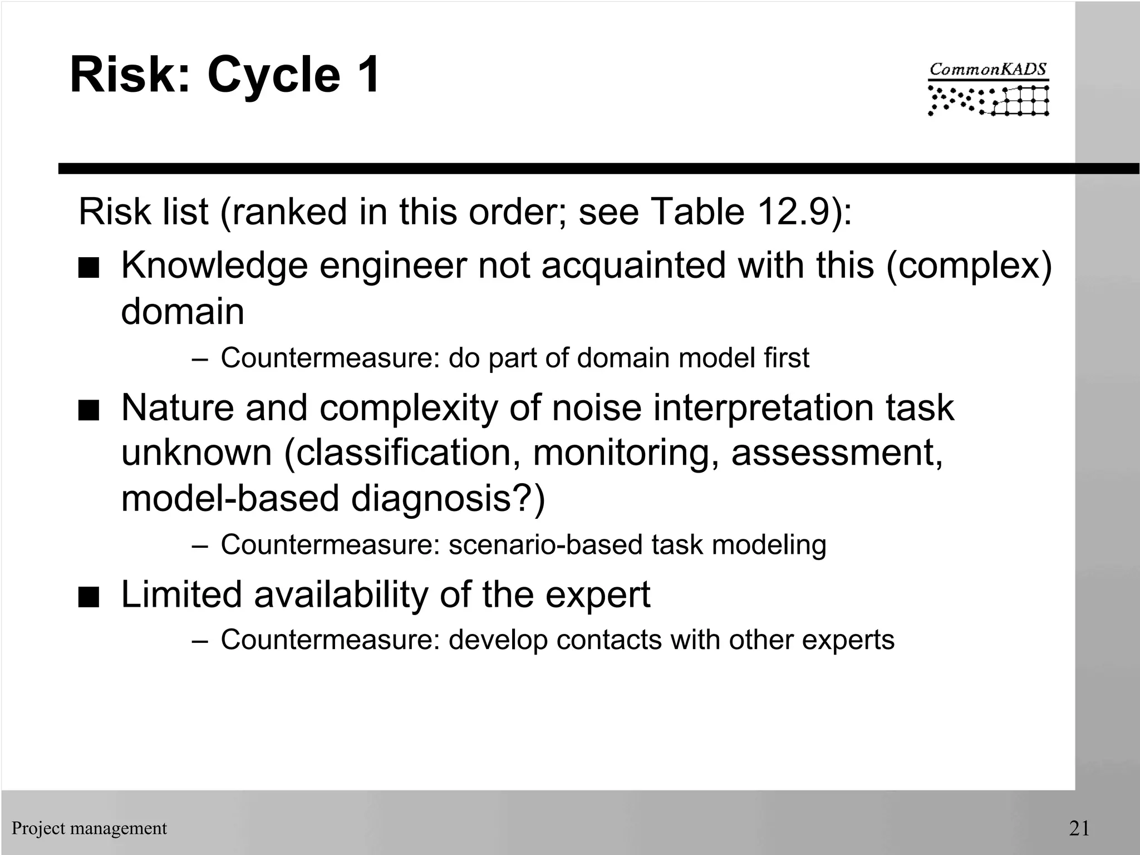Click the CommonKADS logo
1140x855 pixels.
pyautogui.click(x=988, y=89)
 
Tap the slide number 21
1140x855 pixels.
pyautogui.click(x=1079, y=828)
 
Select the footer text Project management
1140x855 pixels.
pyautogui.click(x=89, y=828)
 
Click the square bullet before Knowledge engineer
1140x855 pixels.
pyautogui.click(x=89, y=269)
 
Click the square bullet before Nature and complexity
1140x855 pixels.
pyautogui.click(x=89, y=412)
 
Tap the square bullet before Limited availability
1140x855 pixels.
pyautogui.click(x=89, y=598)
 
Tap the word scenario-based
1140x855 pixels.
pyautogui.click(x=545, y=544)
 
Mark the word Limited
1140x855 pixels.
pyautogui.click(x=181, y=594)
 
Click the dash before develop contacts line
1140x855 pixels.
pyautogui.click(x=199, y=641)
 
